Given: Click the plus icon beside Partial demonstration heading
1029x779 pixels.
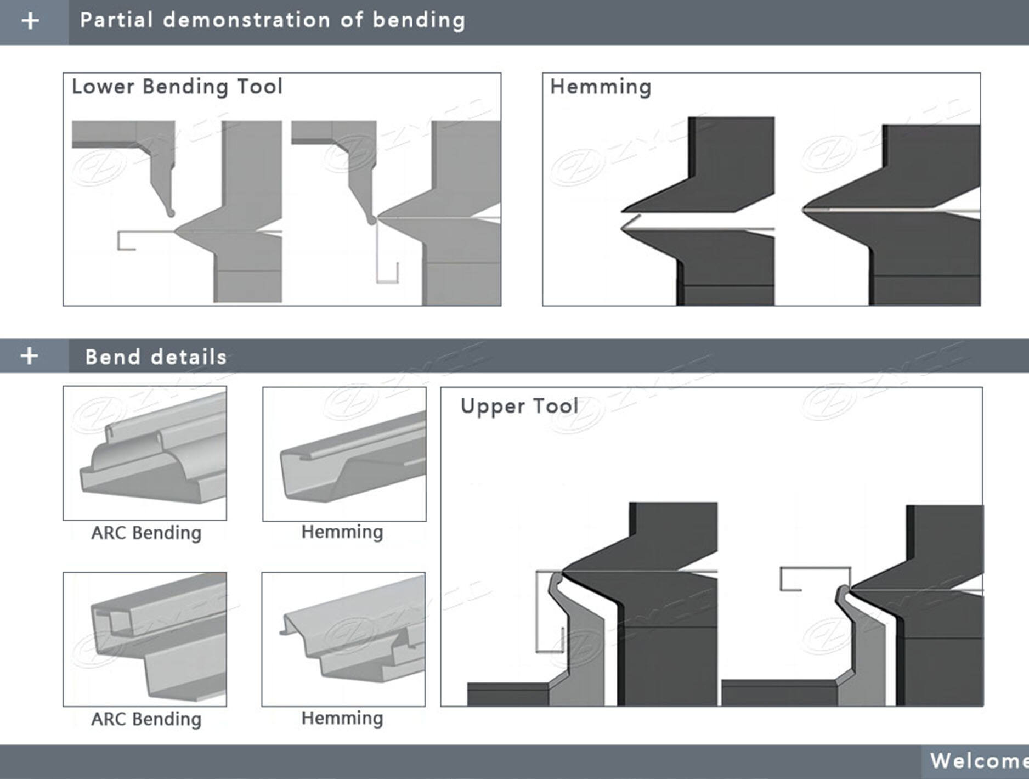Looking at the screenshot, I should pyautogui.click(x=31, y=21).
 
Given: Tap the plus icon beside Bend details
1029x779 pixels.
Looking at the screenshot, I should pyautogui.click(x=30, y=356).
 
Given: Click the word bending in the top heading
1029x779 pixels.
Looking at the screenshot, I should pyautogui.click(x=419, y=20).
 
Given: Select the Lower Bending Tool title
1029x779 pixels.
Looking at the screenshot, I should pyautogui.click(x=177, y=87).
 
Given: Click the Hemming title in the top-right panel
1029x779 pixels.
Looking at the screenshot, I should pyautogui.click(x=601, y=87).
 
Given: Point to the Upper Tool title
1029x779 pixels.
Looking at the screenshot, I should pyautogui.click(x=519, y=406).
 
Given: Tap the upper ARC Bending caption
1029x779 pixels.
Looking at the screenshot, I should pyautogui.click(x=146, y=533).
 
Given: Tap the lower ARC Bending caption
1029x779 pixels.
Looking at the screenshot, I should pyautogui.click(x=146, y=719).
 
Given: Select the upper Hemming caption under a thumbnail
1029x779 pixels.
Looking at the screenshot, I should pyautogui.click(x=342, y=532).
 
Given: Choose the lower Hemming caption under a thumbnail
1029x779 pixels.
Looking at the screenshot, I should pyautogui.click(x=342, y=718).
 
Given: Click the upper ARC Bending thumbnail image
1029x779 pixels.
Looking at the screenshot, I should pyautogui.click(x=145, y=453).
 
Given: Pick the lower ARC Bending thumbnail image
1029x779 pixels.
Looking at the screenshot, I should pyautogui.click(x=145, y=639).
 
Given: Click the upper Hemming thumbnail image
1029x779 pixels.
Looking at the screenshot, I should pyautogui.click(x=344, y=454).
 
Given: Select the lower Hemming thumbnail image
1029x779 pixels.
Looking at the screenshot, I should pyautogui.click(x=343, y=639).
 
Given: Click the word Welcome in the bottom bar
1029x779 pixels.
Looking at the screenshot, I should pyautogui.click(x=979, y=761).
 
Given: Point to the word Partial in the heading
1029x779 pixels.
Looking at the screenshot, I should pyautogui.click(x=116, y=20).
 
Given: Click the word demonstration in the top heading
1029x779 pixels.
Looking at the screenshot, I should pyautogui.click(x=247, y=20).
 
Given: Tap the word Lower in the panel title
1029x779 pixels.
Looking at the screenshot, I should pyautogui.click(x=103, y=87).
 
